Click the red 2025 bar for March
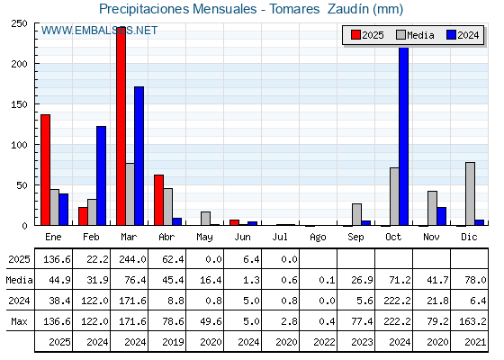pyautogui.click(x=121, y=126)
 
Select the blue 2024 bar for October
pyautogui.click(x=404, y=136)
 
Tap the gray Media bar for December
pyautogui.click(x=470, y=193)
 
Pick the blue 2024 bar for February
pyautogui.click(x=101, y=175)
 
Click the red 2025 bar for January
pyautogui.click(x=45, y=170)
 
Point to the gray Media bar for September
pyautogui.click(x=356, y=214)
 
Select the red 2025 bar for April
pyautogui.click(x=158, y=200)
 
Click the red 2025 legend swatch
pyautogui.click(x=355, y=35)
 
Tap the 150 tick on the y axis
pyautogui.click(x=19, y=104)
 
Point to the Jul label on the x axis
pyautogui.click(x=280, y=238)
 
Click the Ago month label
pyautogui.click(x=318, y=238)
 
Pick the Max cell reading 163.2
pyautogui.click(x=472, y=321)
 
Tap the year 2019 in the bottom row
pyautogui.click(x=173, y=342)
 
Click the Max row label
pyautogui.click(x=19, y=321)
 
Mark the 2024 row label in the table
pyautogui.click(x=19, y=301)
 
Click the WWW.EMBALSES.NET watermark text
pyautogui.click(x=99, y=31)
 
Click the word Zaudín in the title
pyautogui.click(x=348, y=9)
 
